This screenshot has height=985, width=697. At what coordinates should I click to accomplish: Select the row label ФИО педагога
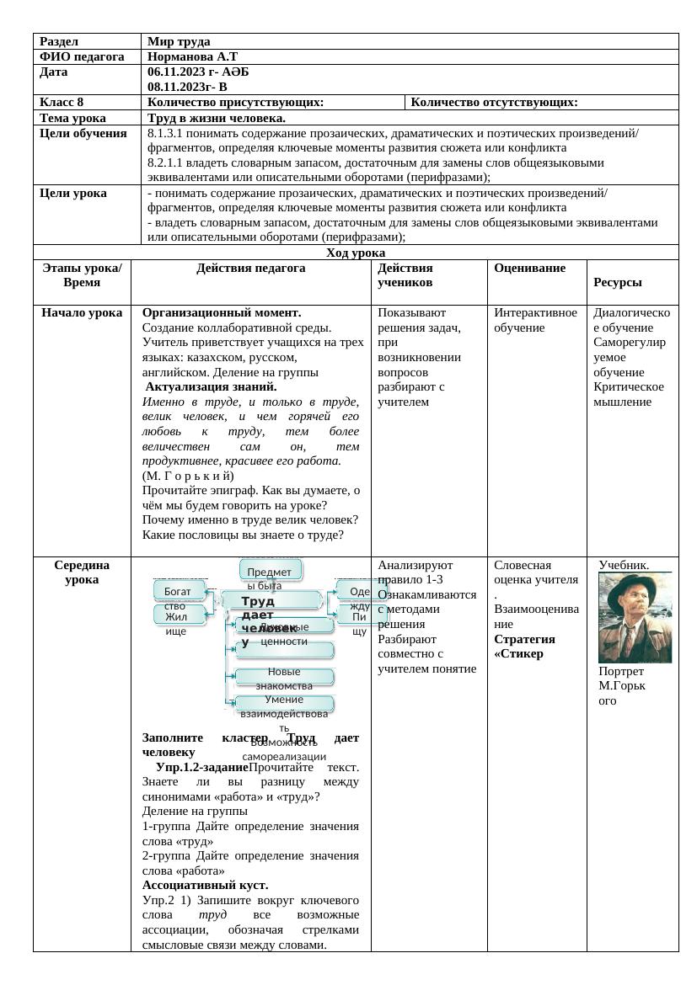point(82,57)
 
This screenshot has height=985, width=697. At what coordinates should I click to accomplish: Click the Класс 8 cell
point(62,103)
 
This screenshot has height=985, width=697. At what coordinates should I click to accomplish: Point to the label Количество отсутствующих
point(494,103)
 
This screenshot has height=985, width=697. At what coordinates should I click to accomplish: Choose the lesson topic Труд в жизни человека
point(217,118)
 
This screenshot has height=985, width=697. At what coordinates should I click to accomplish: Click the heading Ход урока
point(355,253)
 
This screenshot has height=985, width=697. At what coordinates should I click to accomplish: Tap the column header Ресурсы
point(618,283)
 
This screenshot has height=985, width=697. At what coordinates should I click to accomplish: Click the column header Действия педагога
point(250,268)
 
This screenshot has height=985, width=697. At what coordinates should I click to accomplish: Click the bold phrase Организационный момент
point(222,313)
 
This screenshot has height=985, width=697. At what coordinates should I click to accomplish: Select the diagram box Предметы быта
point(270,572)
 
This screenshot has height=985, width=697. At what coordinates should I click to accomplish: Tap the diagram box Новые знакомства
point(284,677)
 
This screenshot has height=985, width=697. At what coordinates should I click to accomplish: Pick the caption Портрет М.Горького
point(622,685)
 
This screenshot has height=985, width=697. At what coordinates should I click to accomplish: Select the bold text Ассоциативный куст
point(205,886)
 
